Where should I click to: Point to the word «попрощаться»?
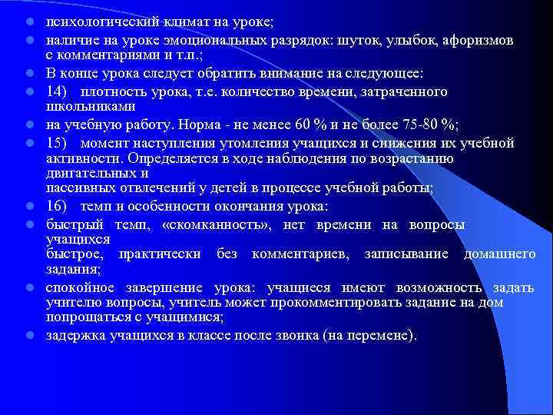tap(83, 317)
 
